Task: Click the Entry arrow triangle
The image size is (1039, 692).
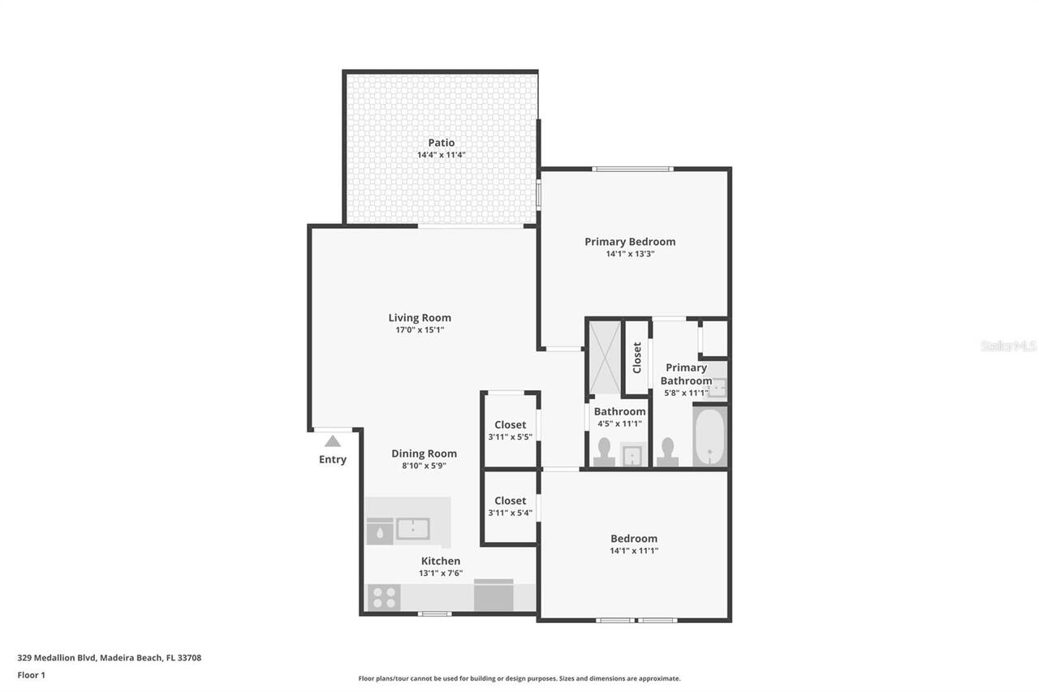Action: [x=332, y=441]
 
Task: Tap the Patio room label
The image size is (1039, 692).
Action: [x=442, y=143]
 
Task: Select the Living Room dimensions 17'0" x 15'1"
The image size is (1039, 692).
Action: [x=420, y=330]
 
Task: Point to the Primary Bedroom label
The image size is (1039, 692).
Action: [x=630, y=241]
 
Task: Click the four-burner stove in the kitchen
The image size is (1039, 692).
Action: [x=383, y=598]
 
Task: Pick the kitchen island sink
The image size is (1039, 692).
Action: [x=413, y=529]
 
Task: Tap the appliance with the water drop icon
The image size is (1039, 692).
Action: [x=380, y=531]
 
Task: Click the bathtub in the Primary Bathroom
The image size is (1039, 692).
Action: [x=710, y=436]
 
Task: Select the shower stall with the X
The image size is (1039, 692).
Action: [x=604, y=357]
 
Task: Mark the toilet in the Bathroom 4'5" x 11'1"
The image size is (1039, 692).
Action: [x=604, y=453]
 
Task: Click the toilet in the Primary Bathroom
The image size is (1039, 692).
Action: [x=667, y=453]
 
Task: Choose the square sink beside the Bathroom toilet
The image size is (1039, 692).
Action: [x=632, y=455]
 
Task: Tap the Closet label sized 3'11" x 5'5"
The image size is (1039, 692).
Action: [x=510, y=424]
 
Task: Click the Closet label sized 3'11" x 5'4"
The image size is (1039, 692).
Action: [x=510, y=501]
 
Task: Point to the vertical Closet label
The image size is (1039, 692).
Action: [x=637, y=358]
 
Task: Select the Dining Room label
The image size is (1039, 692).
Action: [x=424, y=453]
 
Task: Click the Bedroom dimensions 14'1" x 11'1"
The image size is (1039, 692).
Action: [x=634, y=551]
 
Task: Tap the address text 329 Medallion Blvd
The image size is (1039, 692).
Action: [x=109, y=658]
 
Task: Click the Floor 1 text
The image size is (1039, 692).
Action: [x=31, y=675]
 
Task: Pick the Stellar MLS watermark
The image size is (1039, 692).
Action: [x=1008, y=346]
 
